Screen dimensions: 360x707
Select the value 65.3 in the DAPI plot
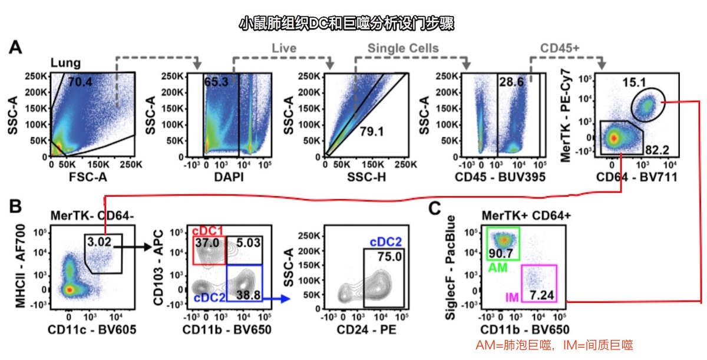tap(216, 82)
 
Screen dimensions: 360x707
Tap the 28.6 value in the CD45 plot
tap(510, 82)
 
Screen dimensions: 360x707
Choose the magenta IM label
tap(513, 298)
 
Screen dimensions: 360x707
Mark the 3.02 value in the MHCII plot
tap(100, 241)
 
